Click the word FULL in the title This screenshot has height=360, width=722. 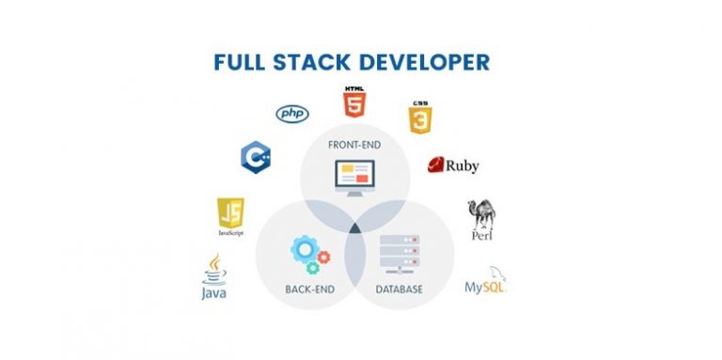pos(243,63)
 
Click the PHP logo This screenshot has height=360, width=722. pos(291,114)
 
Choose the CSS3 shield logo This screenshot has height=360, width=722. pos(420,117)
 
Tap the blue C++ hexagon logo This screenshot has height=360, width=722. pos(256,156)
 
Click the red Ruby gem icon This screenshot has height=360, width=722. pos(436,165)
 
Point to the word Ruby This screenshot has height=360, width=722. pos(463,166)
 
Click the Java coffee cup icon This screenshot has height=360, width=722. pos(215,267)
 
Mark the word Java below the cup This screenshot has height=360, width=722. pos(214,292)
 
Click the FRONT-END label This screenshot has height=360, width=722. pos(354,145)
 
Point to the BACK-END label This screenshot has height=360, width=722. pos(311,289)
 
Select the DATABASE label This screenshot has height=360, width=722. pos(400,289)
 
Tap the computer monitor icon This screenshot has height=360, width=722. pos(354,176)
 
